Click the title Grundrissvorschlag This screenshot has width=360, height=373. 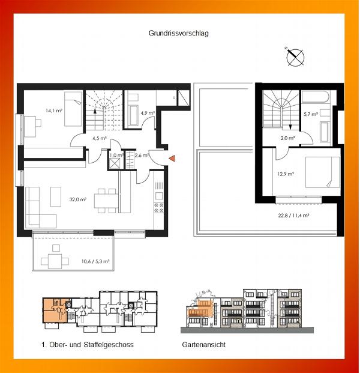tap(178, 33)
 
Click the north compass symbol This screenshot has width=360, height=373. tap(295, 57)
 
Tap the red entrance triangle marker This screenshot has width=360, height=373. tap(172, 158)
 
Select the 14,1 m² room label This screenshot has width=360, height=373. tap(54, 111)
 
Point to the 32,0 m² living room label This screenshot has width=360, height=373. tap(78, 199)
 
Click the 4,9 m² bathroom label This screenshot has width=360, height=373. tap(148, 113)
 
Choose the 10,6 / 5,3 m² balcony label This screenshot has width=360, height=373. tap(95, 261)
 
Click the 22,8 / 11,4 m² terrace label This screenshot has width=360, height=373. tap(293, 216)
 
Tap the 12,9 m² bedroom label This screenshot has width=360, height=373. tap(286, 174)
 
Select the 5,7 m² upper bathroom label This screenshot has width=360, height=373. tap(311, 114)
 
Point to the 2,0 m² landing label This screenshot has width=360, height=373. tap(287, 138)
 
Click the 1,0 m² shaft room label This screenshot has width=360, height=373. tap(116, 155)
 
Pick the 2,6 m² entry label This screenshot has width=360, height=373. tap(142, 155)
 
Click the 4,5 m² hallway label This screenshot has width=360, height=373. tap(100, 138)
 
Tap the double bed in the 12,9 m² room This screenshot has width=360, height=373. tap(322, 172)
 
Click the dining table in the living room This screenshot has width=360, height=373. tap(106, 201)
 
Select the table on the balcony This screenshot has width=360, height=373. tap(55, 261)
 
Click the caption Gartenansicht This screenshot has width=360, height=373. tap(203, 344)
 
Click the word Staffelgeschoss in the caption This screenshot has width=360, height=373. tap(109, 344)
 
